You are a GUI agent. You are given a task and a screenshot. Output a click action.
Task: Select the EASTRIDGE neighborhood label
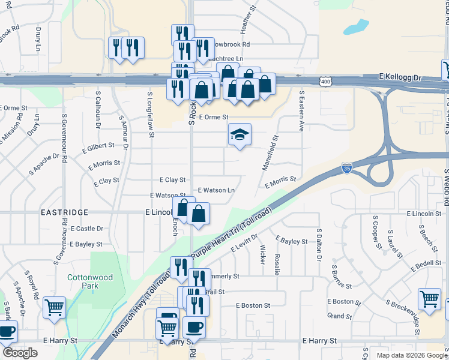(64, 212)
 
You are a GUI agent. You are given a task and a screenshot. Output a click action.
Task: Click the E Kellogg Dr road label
(401, 78)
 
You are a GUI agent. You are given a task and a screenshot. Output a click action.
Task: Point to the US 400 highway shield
(325, 81)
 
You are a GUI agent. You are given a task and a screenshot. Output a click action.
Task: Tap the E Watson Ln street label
(216, 190)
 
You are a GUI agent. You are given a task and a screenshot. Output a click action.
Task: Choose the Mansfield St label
(269, 152)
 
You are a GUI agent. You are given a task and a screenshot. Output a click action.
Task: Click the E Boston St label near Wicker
(253, 305)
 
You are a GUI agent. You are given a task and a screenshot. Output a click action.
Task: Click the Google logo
(20, 353)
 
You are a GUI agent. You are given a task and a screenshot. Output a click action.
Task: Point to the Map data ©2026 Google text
(411, 355)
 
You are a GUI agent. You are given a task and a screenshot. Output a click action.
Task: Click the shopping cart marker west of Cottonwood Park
(55, 307)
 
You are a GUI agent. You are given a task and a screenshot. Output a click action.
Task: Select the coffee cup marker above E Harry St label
(194, 327)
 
